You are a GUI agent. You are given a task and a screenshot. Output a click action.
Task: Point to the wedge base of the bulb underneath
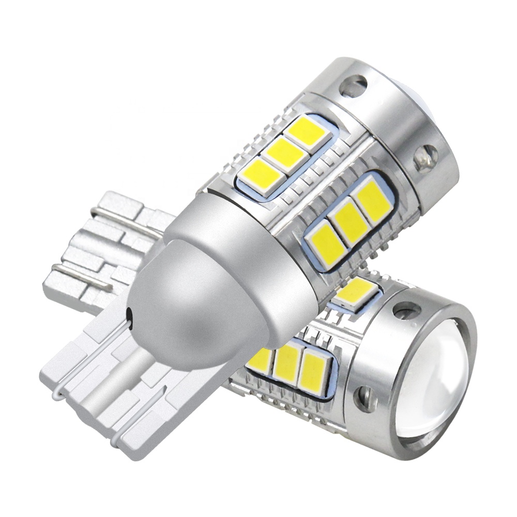93,248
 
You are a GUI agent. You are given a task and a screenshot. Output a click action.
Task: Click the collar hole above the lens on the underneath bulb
407,311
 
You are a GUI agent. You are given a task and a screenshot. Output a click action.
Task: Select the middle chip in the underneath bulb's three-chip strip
287,362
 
